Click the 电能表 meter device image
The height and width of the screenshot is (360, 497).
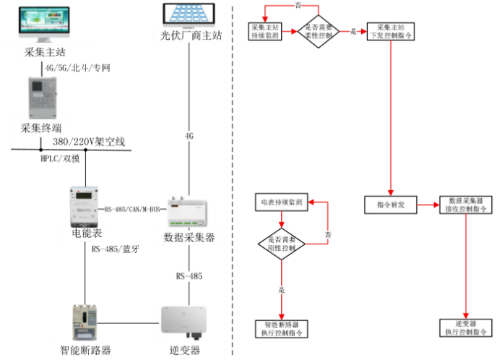(x=85, y=206)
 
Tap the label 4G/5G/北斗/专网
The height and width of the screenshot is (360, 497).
(x=77, y=68)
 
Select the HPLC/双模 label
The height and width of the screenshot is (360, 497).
(x=61, y=160)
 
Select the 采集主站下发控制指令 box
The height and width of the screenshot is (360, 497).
(x=391, y=31)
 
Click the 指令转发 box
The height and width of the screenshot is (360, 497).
(x=391, y=205)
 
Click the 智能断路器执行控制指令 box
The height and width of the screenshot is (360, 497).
(x=282, y=329)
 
